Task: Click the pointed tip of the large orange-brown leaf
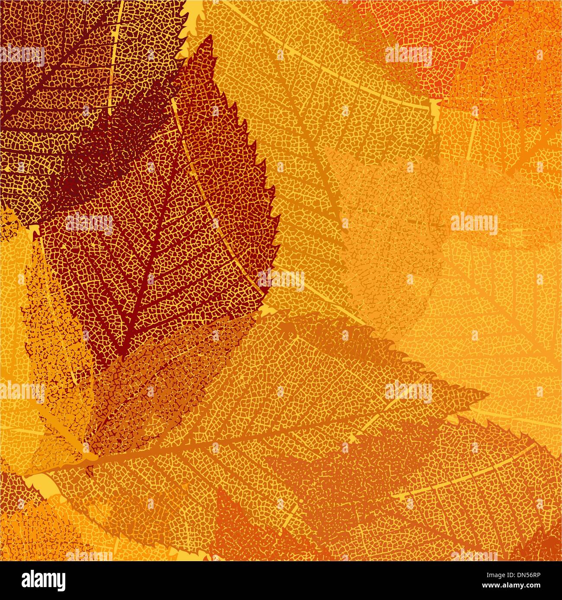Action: tap(488, 394)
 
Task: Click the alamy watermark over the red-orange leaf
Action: tap(409, 55)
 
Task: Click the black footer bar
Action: tap(281, 581)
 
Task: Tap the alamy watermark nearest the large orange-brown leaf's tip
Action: tap(409, 392)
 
